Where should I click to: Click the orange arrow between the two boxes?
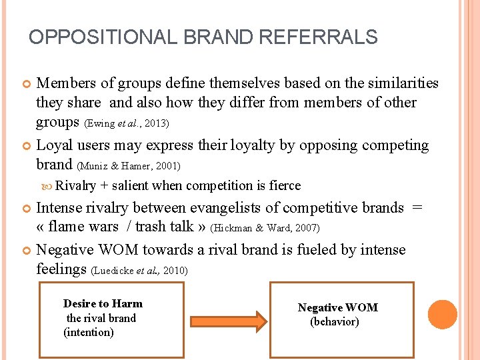pos(227,320)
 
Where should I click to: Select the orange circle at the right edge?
pos(442,315)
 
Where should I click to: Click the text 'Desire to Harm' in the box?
pos(103,304)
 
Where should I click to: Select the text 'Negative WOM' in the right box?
pos(337,307)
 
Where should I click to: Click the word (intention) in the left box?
pos(89,333)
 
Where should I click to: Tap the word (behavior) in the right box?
pos(335,321)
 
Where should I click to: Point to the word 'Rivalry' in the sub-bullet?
pos(76,186)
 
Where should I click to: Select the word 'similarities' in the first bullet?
pos(397,83)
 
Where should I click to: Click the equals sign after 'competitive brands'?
pos(417,207)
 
